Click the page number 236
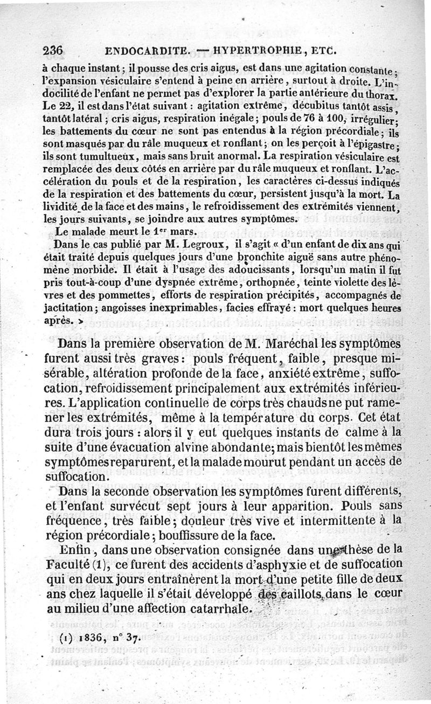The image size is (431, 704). coord(53,52)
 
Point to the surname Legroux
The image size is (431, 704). coord(199,244)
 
